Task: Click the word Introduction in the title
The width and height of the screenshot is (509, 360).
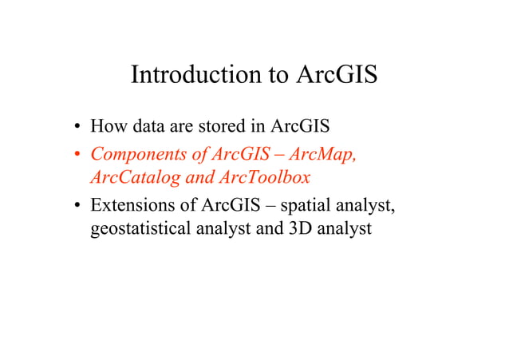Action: [x=195, y=75]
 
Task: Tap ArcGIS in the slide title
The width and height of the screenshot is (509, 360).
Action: [x=337, y=75]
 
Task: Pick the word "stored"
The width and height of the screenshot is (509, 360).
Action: [x=223, y=126]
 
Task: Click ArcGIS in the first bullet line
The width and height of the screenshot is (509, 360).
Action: [x=306, y=126]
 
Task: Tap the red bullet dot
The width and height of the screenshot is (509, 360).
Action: [x=77, y=152]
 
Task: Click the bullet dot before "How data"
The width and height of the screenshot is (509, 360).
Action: [x=77, y=127]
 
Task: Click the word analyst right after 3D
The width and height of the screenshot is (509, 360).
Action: [x=340, y=231]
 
